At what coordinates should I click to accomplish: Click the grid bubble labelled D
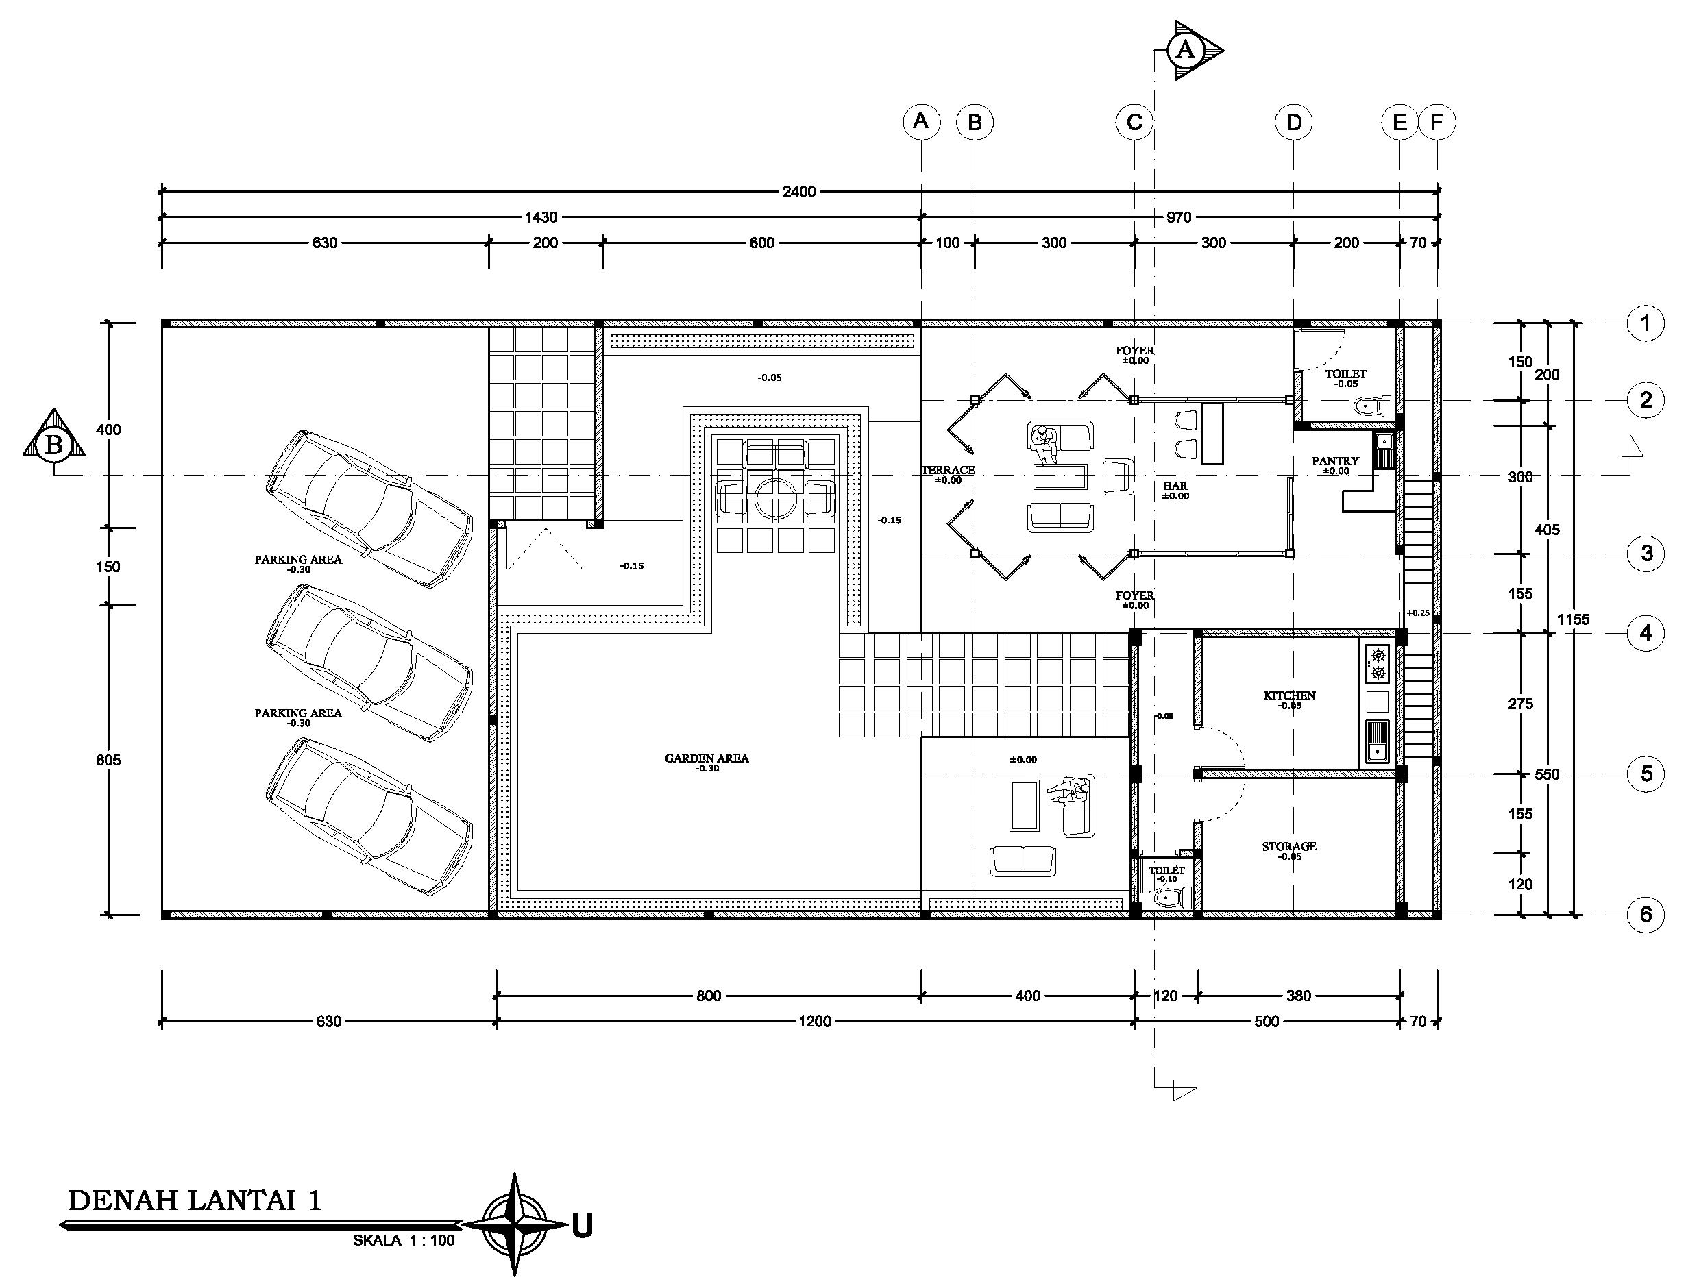1293,122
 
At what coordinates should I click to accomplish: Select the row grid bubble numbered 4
1646,634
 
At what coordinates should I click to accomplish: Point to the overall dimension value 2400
799,191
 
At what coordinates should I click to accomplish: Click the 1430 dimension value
541,217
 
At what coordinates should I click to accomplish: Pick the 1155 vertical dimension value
1573,619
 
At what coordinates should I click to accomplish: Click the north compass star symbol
514,1224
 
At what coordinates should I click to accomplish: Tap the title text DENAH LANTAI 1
195,1200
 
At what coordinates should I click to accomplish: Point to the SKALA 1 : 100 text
404,1240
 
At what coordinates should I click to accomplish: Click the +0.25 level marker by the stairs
1418,613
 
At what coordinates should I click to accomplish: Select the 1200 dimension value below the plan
814,1022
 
